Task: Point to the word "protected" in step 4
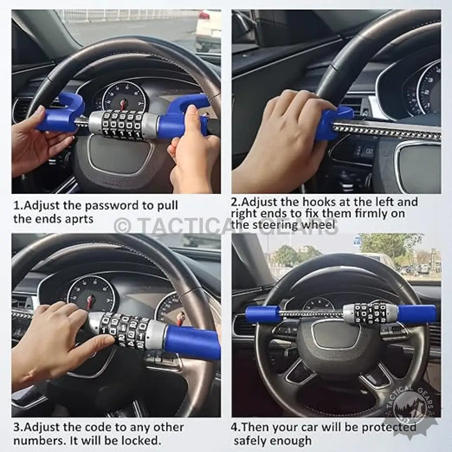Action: point(389,428)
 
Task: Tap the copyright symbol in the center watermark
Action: point(123,227)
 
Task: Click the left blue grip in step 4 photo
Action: point(264,314)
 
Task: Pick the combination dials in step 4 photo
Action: point(370,313)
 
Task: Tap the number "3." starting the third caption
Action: point(18,428)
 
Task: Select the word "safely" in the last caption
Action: point(252,441)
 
